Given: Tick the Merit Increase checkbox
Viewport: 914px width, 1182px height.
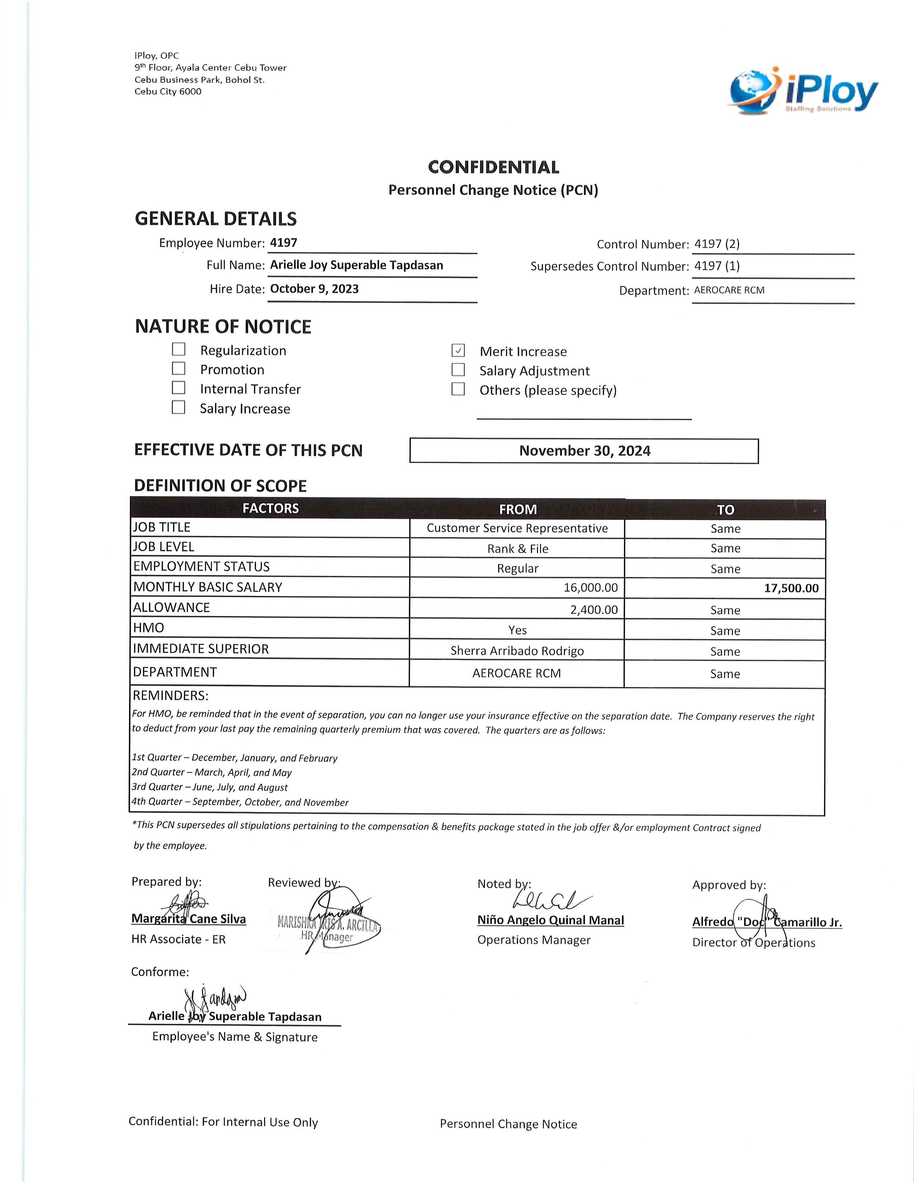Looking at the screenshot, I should point(458,351).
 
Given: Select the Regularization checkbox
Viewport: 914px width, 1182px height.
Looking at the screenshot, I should point(179,350).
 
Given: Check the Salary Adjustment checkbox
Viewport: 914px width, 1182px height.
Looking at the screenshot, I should point(458,370).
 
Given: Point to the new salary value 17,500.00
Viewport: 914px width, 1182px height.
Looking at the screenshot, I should point(791,588).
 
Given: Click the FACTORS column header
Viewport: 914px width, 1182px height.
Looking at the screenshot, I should point(270,508).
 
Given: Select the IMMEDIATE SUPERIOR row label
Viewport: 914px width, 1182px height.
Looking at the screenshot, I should point(201,649).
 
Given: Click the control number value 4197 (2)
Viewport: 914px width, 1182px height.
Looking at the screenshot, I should point(717,244).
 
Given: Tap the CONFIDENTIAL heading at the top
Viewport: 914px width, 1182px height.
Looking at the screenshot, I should point(493,167).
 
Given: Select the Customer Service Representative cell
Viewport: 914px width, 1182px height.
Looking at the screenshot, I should point(517,528).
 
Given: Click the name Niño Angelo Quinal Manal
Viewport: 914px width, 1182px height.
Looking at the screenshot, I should point(551,920).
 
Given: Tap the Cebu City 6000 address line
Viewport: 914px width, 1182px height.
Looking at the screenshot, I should point(168,91).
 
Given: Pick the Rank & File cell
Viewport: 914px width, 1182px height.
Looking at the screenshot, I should point(518,549).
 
